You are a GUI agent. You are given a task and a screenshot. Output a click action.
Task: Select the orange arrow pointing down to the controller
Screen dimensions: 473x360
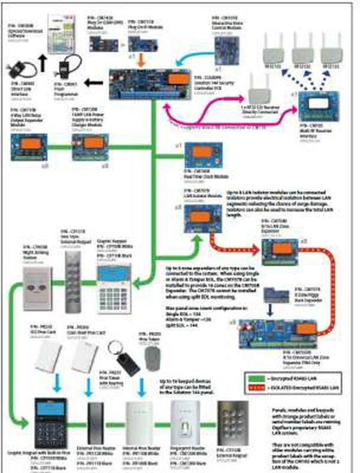139,59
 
